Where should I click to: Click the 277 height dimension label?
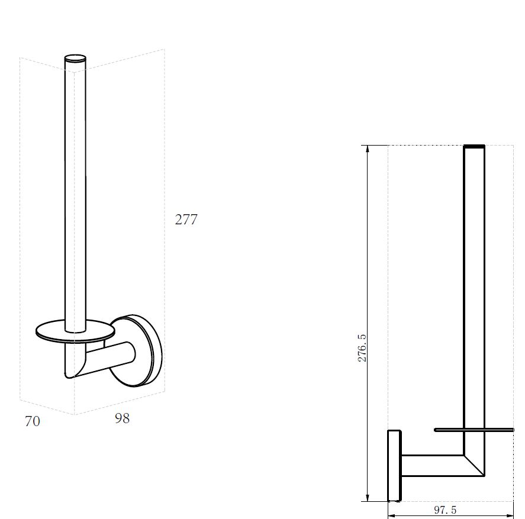click(x=186, y=220)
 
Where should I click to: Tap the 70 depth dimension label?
click(x=33, y=421)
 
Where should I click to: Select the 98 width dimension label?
click(x=122, y=418)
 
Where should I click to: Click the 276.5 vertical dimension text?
click(x=362, y=348)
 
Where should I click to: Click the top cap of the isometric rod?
click(x=75, y=59)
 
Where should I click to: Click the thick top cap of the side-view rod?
click(x=474, y=146)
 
